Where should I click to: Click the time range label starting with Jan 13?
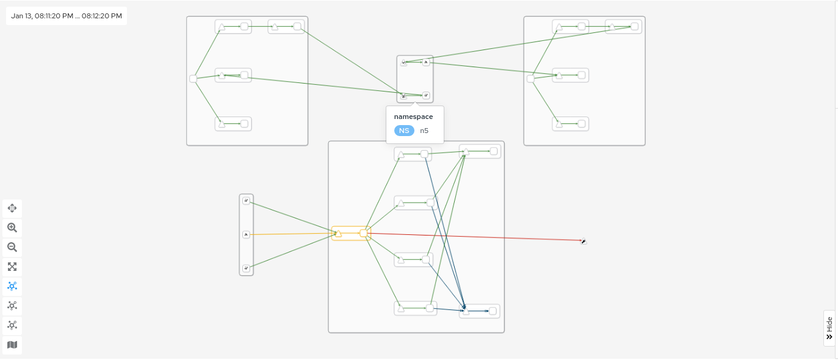(67, 16)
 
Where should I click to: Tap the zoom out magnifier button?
(12, 247)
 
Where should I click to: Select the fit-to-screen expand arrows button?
(12, 267)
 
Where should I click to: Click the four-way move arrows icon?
(12, 208)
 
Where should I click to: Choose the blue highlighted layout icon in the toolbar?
(12, 286)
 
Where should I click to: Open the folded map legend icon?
(12, 345)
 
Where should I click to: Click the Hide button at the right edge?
(829, 328)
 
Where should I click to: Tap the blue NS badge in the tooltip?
(404, 131)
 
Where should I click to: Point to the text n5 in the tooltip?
(424, 131)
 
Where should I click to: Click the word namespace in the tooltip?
(413, 117)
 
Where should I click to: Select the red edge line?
(476, 237)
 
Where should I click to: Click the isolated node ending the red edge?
(583, 242)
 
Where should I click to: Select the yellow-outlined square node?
(363, 233)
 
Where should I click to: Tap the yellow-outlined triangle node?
(338, 233)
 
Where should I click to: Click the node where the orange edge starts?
(246, 234)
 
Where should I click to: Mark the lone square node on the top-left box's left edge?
(193, 79)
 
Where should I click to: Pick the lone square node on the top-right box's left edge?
(530, 79)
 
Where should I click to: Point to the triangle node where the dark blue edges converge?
(464, 311)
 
